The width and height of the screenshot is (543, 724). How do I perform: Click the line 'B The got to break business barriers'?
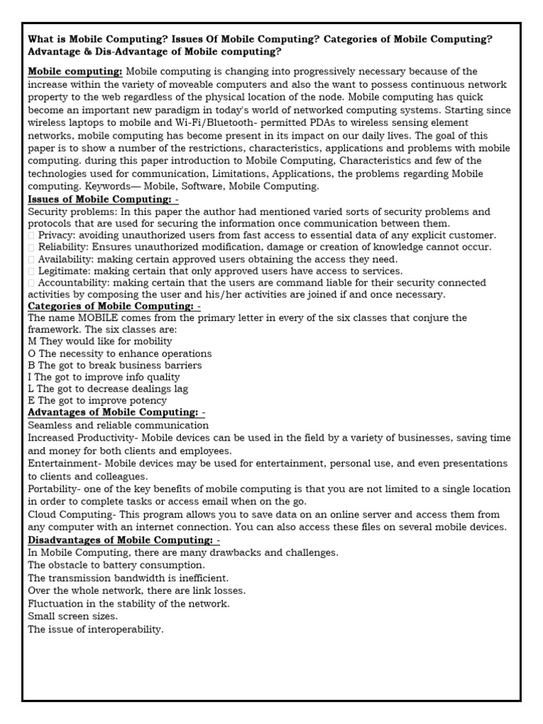(115, 366)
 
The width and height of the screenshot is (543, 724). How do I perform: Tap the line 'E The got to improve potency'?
(98, 401)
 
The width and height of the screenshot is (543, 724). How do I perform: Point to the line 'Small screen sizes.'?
(73, 616)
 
